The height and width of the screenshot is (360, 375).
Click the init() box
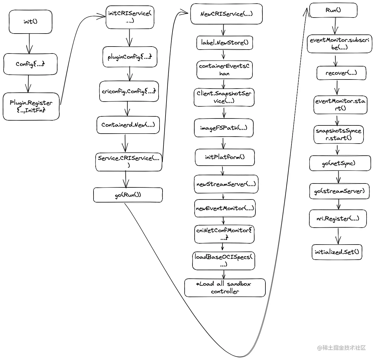(x=30, y=21)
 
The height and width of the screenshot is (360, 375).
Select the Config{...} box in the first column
(x=30, y=64)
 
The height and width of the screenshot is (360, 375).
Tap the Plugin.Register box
(x=31, y=106)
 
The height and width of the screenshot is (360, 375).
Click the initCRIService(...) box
(x=130, y=17)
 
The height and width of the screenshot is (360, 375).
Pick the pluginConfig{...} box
(x=130, y=57)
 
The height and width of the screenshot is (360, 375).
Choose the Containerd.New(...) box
(x=128, y=125)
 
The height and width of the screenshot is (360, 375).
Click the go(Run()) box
(x=128, y=195)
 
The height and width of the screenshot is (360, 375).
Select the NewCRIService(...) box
(x=226, y=14)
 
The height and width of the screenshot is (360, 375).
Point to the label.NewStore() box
(x=225, y=43)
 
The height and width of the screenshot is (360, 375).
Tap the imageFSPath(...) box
(x=224, y=128)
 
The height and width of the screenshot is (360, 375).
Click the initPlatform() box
(x=225, y=157)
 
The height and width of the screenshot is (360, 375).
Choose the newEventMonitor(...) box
(x=225, y=208)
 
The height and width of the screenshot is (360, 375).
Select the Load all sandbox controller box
(x=225, y=287)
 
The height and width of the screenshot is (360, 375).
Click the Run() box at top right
(x=333, y=10)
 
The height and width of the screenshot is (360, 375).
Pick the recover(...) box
(x=341, y=73)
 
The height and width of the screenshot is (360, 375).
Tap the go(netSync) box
(x=340, y=164)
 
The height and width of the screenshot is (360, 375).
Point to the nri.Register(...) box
(x=338, y=219)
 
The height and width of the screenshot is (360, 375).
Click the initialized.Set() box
(x=337, y=252)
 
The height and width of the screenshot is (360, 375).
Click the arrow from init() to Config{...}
(x=29, y=44)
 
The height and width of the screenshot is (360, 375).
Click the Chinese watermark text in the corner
(x=342, y=348)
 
